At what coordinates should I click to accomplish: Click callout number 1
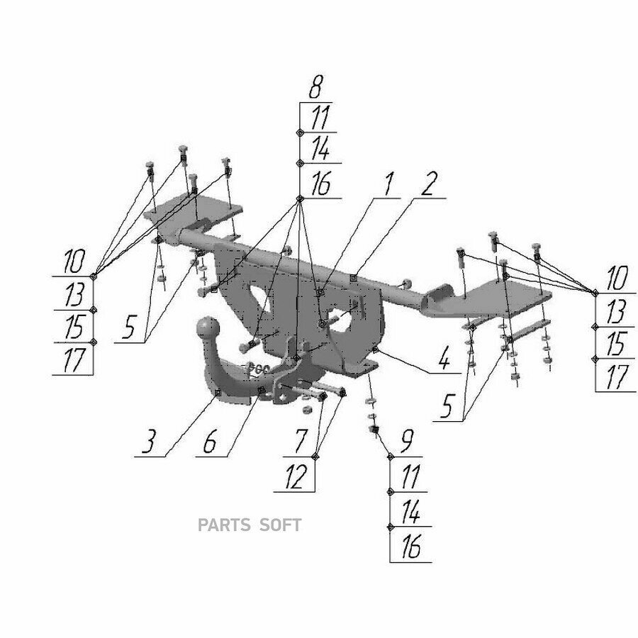pyautogui.click(x=389, y=184)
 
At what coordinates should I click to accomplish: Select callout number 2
pyautogui.click(x=429, y=184)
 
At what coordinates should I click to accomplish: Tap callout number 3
pyautogui.click(x=149, y=442)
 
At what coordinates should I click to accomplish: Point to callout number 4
pyautogui.click(x=444, y=359)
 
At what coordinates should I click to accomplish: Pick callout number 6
pyautogui.click(x=210, y=442)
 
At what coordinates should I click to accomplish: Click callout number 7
pyautogui.click(x=301, y=441)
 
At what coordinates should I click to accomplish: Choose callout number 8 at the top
pyautogui.click(x=316, y=87)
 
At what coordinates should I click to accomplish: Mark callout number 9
pyautogui.click(x=406, y=441)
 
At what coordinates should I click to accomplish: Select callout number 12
pyautogui.click(x=296, y=477)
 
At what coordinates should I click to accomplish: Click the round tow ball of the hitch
pyautogui.click(x=208, y=328)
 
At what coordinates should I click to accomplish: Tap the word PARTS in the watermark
pyautogui.click(x=224, y=525)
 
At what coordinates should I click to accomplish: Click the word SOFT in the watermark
pyautogui.click(x=281, y=525)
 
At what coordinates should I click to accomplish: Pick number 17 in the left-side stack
pyautogui.click(x=74, y=359)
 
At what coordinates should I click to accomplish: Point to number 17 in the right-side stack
pyautogui.click(x=617, y=377)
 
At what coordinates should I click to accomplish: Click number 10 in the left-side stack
pyautogui.click(x=74, y=262)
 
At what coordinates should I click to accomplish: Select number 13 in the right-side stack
pyautogui.click(x=616, y=313)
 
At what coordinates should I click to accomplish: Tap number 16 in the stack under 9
pyautogui.click(x=411, y=547)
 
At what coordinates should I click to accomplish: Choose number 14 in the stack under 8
pyautogui.click(x=320, y=149)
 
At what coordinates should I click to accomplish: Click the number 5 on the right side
pyautogui.click(x=447, y=405)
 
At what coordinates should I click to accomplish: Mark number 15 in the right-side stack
pyautogui.click(x=616, y=344)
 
